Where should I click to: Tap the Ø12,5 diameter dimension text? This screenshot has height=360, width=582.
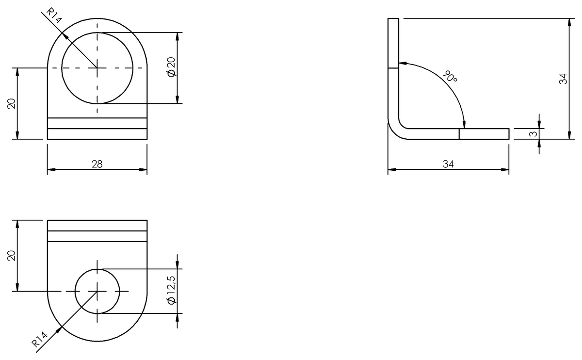[x=171, y=291]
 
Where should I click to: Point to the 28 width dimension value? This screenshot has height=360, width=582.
[x=97, y=164]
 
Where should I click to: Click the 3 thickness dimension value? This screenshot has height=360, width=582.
[x=533, y=134]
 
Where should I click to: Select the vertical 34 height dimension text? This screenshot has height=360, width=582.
[x=563, y=79]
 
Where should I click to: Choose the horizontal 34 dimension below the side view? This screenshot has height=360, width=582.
[x=448, y=164]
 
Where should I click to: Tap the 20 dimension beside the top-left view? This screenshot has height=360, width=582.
[x=12, y=103]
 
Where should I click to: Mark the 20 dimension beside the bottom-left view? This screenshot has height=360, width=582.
[x=12, y=256]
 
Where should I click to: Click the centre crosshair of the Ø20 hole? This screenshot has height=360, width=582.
[x=97, y=68]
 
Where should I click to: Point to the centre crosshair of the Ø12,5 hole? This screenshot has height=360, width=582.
[x=97, y=291]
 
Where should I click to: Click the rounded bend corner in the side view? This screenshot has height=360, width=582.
[x=395, y=131]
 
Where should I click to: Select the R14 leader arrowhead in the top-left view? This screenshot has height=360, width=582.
[x=65, y=34]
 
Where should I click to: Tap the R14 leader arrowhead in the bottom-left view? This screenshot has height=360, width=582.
[x=61, y=328]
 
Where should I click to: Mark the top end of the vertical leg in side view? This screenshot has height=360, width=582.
[x=393, y=19]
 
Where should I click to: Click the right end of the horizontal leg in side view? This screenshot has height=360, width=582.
[x=508, y=134]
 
